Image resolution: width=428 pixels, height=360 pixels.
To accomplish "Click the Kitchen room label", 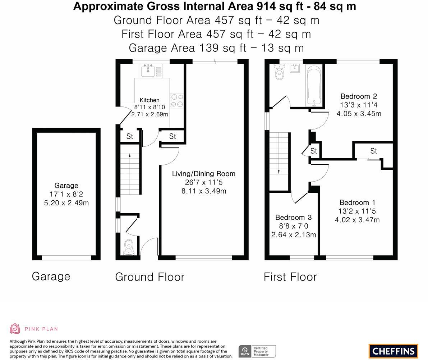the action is pyautogui.click(x=149, y=100).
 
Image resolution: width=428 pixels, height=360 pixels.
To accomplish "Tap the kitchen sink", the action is pyautogui.click(x=148, y=71).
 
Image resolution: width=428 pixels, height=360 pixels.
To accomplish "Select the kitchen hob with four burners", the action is pyautogui.click(x=177, y=100).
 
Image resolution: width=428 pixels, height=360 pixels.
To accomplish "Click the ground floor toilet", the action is pyautogui.click(x=129, y=247).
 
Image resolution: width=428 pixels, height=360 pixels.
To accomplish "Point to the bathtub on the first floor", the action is pyautogui.click(x=314, y=86).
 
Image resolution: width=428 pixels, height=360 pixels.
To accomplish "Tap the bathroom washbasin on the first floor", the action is pyautogui.click(x=295, y=68).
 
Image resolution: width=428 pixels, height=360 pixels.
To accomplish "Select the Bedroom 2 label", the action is pyautogui.click(x=359, y=96).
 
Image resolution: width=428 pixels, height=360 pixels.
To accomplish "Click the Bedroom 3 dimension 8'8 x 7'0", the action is pyautogui.click(x=294, y=226).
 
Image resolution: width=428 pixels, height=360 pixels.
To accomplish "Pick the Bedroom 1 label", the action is pyautogui.click(x=357, y=203).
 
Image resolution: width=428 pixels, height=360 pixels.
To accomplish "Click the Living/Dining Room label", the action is pyautogui.click(x=204, y=174).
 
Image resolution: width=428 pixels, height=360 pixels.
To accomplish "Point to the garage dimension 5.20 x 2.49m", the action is pyautogui.click(x=66, y=203).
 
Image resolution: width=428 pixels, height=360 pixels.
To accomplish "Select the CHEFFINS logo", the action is pyautogui.click(x=394, y=351).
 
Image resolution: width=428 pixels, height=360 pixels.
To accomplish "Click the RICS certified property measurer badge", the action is pyautogui.click(x=257, y=351).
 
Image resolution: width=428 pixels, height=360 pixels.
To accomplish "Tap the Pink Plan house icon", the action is pyautogui.click(x=15, y=329).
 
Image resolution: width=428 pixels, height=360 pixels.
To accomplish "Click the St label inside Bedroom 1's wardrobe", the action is pyautogui.click(x=373, y=151).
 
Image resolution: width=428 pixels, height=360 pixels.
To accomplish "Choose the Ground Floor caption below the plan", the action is pyautogui.click(x=150, y=277).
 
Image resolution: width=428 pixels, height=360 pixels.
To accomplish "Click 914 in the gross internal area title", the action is pyautogui.click(x=266, y=6).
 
